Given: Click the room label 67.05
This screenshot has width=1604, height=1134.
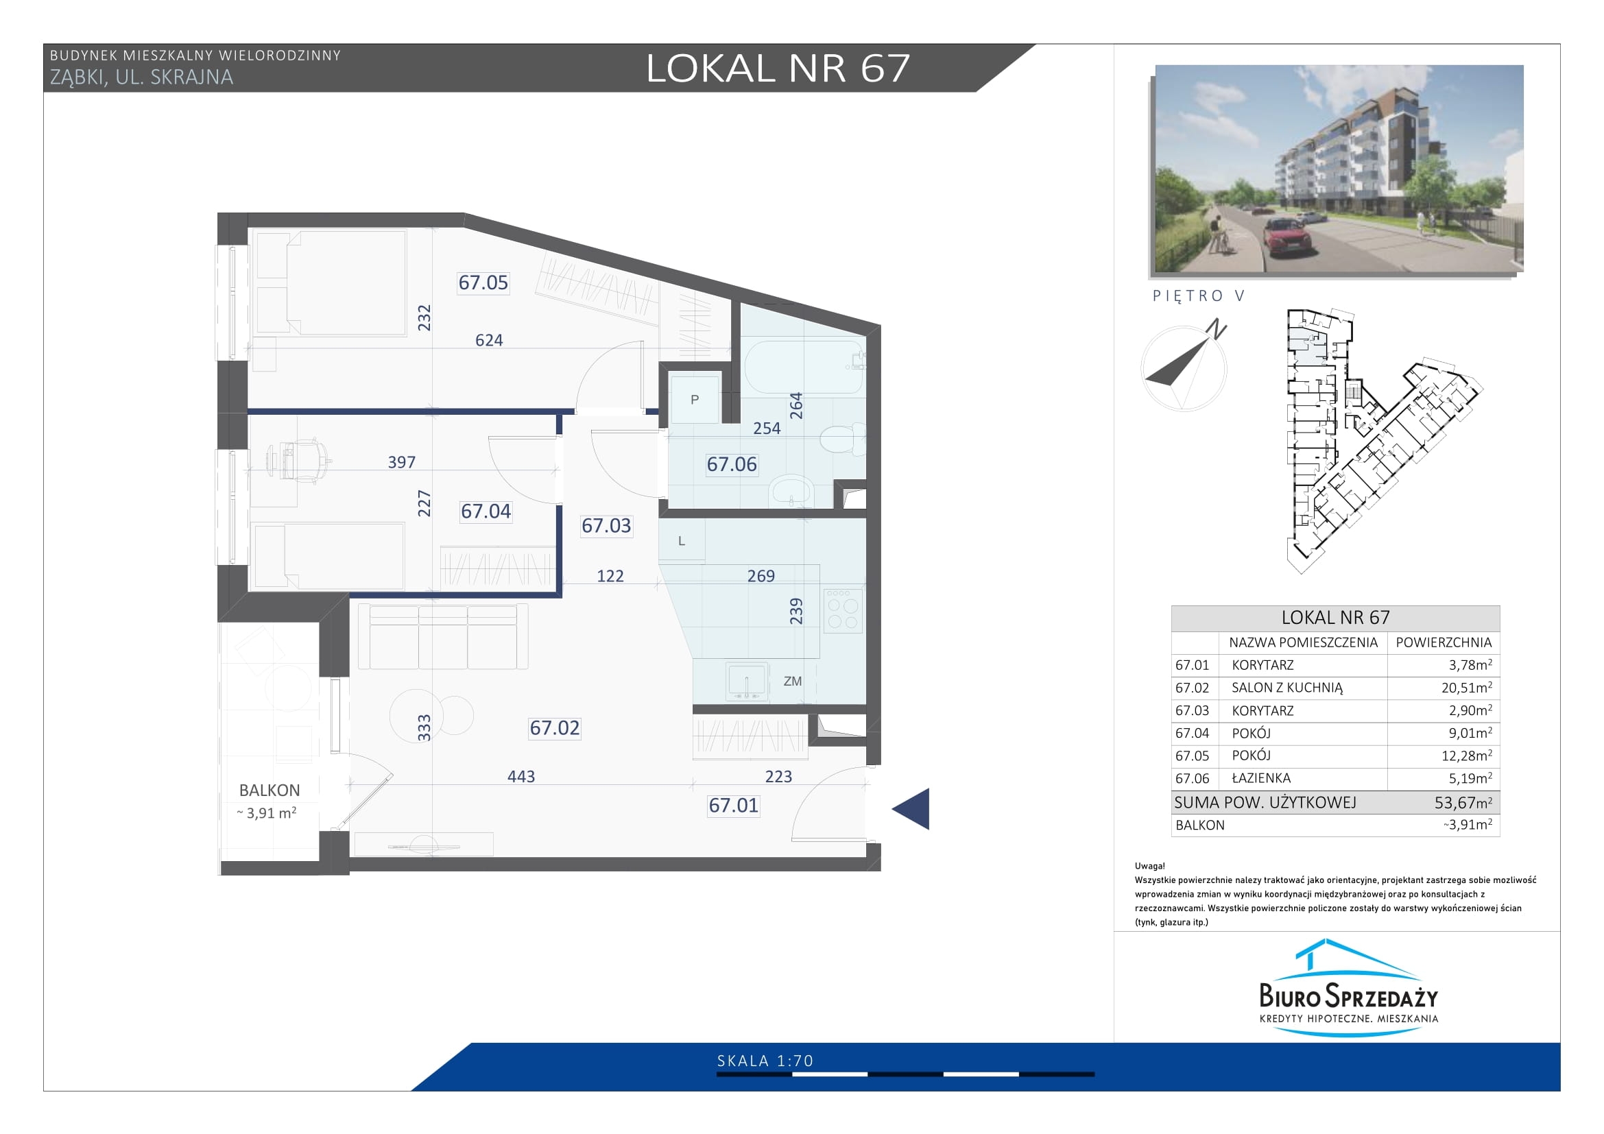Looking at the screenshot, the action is point(483,282).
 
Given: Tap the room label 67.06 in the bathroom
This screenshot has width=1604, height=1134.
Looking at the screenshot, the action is point(732,464).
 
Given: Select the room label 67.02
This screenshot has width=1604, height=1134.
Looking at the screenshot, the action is point(555,728).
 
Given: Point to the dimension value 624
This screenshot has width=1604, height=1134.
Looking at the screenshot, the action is point(489,340).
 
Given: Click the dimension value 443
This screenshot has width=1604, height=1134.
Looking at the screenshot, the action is point(521,777).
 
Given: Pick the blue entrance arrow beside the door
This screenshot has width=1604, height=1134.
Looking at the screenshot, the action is point(911,808).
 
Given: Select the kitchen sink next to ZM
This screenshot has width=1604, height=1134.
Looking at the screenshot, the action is point(747,681).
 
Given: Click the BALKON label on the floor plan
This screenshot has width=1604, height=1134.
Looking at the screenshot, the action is point(270,791).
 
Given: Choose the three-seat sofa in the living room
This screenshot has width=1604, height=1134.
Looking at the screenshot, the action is point(443,637).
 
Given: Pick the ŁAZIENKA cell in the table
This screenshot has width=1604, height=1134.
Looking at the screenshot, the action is point(1261,778).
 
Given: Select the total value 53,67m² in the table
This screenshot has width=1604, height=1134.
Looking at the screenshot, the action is point(1463,802).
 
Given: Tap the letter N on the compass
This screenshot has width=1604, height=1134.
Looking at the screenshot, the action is point(1217,329).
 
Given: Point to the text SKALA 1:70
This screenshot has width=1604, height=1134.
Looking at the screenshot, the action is point(766,1061).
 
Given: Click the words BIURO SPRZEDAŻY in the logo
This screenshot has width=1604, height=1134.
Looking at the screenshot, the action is point(1348,994).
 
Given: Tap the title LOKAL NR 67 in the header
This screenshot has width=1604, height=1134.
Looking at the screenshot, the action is point(778,69).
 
